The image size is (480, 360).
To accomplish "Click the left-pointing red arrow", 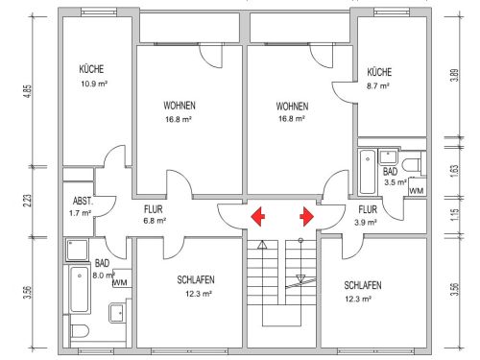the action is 258,217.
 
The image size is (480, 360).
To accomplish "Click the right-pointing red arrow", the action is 307,217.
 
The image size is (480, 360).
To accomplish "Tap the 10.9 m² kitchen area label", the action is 94,84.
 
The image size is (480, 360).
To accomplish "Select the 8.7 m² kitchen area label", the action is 378,86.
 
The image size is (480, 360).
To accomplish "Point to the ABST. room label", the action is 83,201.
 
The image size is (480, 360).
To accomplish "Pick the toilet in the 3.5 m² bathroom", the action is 413,165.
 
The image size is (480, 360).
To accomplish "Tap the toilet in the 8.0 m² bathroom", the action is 80,331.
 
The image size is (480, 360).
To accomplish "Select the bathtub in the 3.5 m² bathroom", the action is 368,172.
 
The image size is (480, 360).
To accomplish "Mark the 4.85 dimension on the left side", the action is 28,91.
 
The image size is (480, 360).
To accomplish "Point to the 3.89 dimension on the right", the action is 455,76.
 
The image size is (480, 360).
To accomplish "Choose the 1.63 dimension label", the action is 455,171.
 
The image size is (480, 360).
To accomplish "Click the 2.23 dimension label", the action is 28,201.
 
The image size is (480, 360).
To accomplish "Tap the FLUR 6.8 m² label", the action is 155,215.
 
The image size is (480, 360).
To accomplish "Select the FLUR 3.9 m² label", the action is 367,216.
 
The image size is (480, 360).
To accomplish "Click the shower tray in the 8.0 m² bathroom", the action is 77,250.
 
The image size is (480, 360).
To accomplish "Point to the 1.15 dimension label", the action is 456,215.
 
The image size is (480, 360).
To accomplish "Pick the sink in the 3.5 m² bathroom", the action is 388,156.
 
